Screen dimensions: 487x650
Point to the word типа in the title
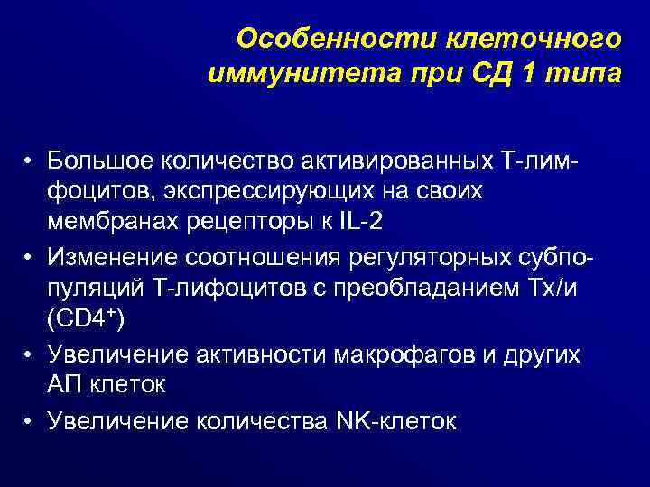[x=583, y=73]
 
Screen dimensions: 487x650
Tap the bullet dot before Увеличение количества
[x=30, y=419]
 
